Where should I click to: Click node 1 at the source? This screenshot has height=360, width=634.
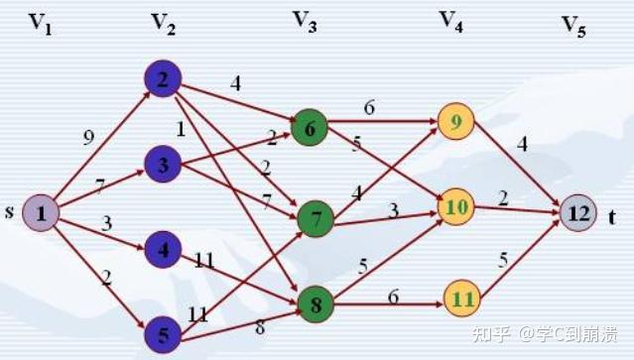point(41,212)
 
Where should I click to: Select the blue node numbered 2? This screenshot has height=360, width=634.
point(162,79)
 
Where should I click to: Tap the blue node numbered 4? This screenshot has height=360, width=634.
point(162,248)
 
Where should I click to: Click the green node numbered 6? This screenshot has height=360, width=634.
point(311,128)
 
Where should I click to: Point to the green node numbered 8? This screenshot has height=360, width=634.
point(315,304)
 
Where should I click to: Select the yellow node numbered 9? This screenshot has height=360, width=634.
point(455,121)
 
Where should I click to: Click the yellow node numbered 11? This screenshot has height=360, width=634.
point(461,296)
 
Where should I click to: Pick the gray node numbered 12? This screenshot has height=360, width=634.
point(577,212)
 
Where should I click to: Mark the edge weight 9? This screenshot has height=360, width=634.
point(89,139)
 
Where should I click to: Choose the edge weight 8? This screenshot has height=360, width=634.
point(260,328)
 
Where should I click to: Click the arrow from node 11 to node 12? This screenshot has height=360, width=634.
point(522,256)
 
